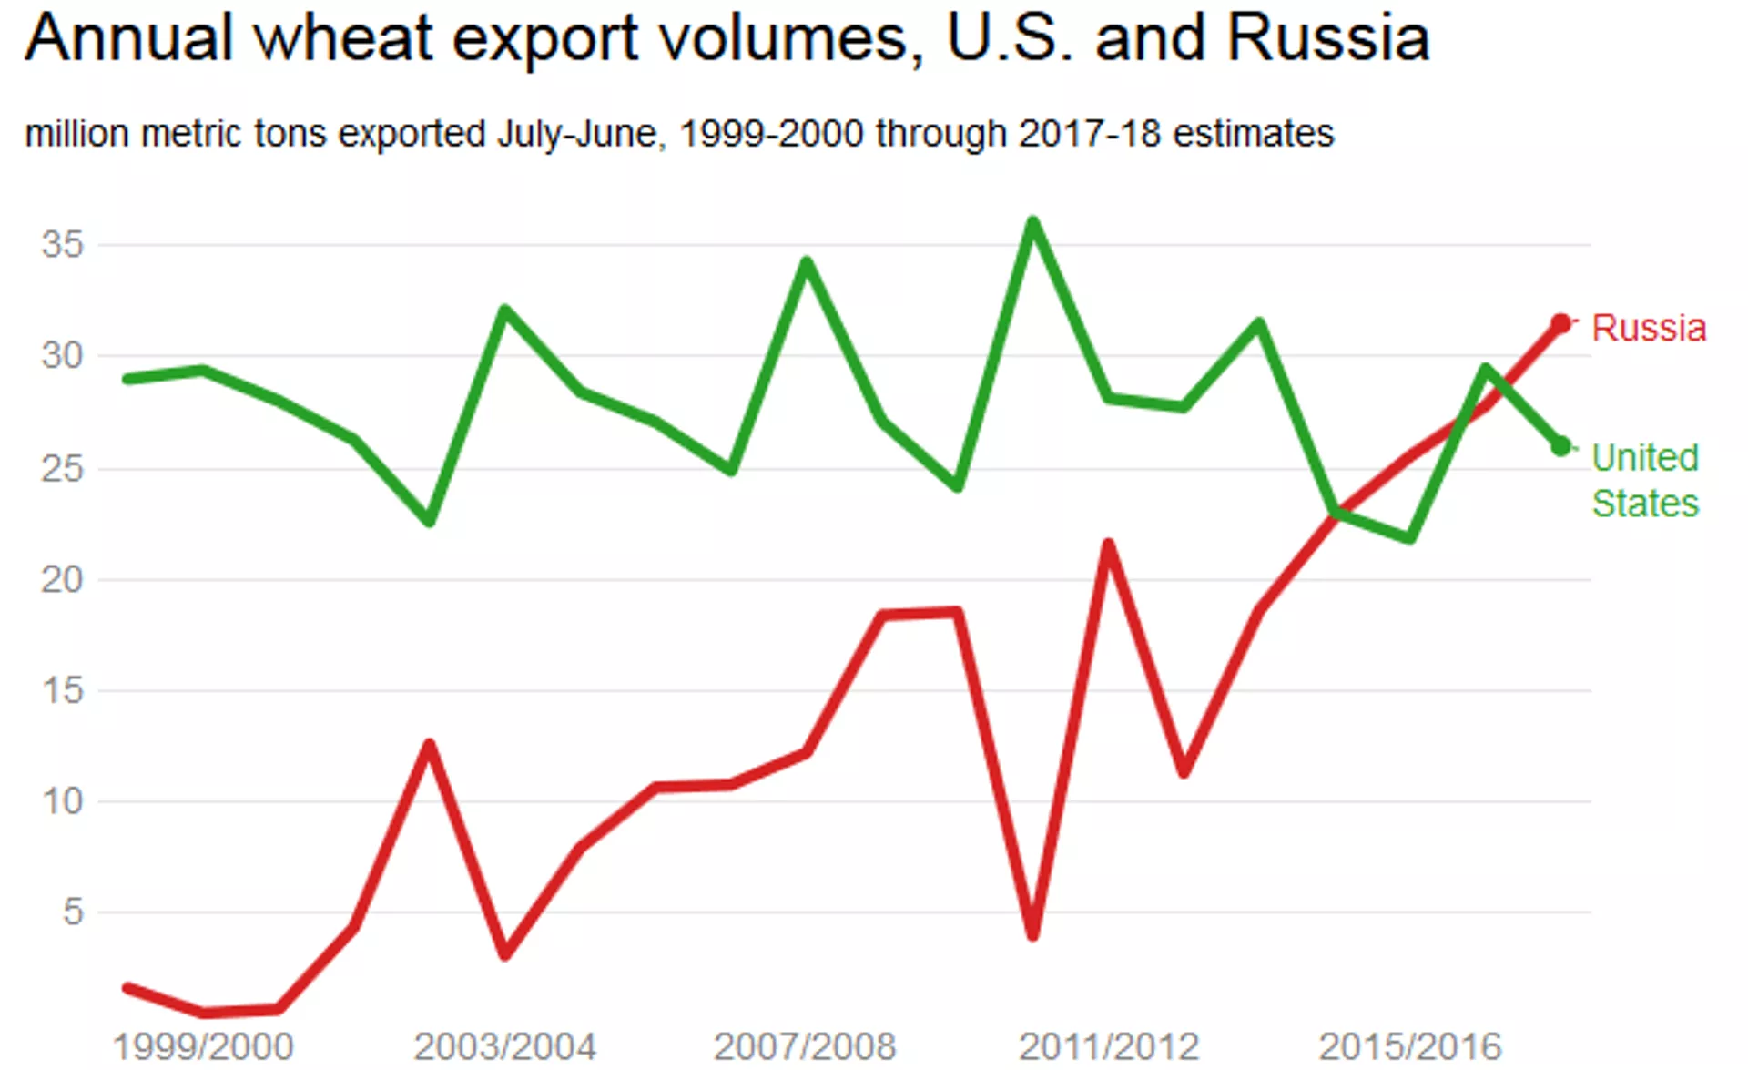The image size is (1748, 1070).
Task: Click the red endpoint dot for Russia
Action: click(1560, 324)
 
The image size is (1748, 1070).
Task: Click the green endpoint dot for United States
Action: click(1560, 447)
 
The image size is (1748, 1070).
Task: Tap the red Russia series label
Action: click(1648, 328)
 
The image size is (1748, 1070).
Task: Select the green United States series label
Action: click(1645, 480)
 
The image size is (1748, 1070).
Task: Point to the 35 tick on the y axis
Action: click(62, 244)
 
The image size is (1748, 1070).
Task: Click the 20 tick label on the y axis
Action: click(62, 579)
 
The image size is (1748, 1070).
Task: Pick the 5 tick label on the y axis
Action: click(73, 912)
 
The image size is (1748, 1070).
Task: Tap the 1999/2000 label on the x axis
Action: click(203, 1046)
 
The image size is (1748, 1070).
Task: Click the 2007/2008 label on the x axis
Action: click(805, 1046)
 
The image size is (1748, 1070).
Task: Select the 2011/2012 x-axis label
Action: click(1109, 1046)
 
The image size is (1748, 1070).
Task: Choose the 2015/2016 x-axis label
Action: click(1409, 1046)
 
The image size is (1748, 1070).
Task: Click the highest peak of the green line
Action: click(1032, 221)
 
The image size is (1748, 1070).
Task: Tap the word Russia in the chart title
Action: click(1327, 38)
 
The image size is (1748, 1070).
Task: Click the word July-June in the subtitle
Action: click(576, 134)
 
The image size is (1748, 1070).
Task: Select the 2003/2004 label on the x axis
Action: click(504, 1046)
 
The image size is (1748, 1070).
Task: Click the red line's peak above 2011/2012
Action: click(1108, 545)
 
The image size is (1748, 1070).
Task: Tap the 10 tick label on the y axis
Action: click(62, 801)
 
